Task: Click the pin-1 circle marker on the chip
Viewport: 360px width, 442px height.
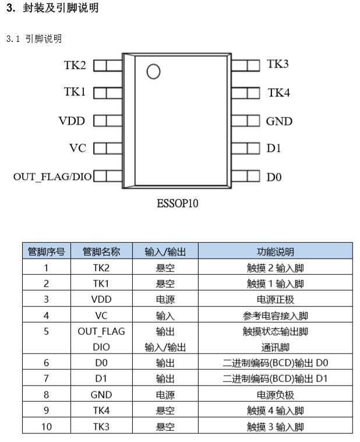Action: (x=153, y=71)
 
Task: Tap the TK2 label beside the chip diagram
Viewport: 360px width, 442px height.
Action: (x=75, y=65)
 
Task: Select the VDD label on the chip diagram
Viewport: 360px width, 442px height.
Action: (x=72, y=121)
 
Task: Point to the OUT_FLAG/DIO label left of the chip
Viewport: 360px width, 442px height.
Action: (x=52, y=177)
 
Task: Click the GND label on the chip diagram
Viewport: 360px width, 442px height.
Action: (x=279, y=121)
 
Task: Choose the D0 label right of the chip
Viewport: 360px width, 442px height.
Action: (x=274, y=177)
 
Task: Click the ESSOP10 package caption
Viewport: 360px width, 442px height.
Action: (x=177, y=203)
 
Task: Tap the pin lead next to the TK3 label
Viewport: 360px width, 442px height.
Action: (x=246, y=65)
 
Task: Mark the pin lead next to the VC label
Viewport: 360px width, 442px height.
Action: (x=108, y=148)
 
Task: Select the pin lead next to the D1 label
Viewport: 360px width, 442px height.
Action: (x=246, y=148)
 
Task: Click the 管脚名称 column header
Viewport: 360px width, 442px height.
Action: (x=101, y=252)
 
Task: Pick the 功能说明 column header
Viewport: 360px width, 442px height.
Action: (x=275, y=252)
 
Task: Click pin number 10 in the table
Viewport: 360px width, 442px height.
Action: (x=46, y=426)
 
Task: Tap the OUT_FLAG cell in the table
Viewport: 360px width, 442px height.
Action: (x=101, y=331)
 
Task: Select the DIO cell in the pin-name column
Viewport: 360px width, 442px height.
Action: (x=101, y=347)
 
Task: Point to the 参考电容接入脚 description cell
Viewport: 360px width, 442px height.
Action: (x=275, y=316)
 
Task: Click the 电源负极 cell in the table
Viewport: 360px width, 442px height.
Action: (x=275, y=395)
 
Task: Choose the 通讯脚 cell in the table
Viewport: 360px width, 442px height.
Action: (x=275, y=347)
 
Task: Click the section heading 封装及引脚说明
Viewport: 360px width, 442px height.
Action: (x=61, y=8)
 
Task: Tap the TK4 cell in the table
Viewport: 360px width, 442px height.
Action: (x=101, y=411)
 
